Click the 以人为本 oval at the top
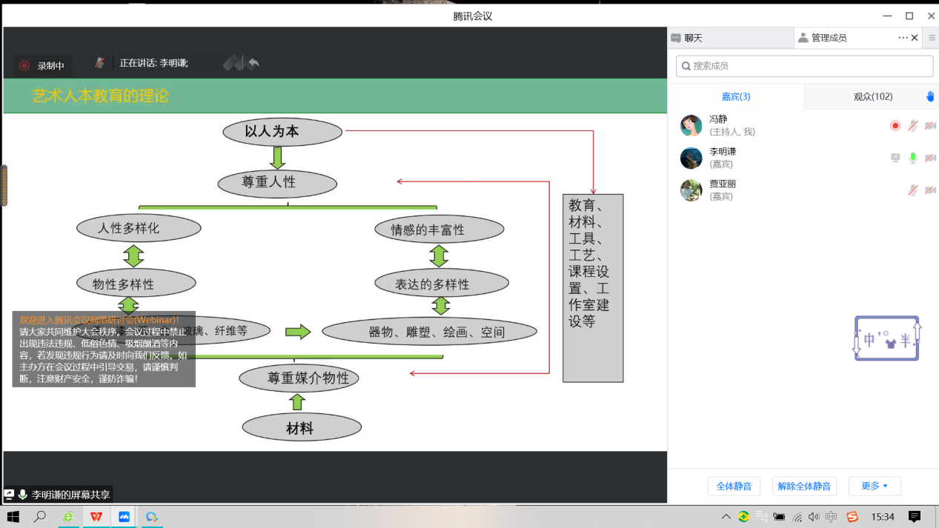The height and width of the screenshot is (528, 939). tap(282, 132)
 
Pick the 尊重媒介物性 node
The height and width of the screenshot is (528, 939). tap(299, 378)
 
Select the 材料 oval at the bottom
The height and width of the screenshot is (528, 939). tap(301, 428)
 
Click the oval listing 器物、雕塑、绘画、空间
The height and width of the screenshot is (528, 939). tap(429, 332)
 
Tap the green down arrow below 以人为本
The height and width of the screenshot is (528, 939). tap(278, 157)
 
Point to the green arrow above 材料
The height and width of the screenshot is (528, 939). tap(297, 402)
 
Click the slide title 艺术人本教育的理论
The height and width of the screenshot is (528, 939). tap(101, 96)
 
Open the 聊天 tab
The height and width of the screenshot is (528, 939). tap(693, 38)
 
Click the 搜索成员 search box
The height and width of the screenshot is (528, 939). tap(804, 66)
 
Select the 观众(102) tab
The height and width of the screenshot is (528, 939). tap(872, 96)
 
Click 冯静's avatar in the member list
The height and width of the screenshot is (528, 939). tap(691, 126)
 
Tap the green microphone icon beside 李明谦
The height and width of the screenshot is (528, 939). tap(913, 158)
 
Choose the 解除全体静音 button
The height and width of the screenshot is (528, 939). tap(804, 487)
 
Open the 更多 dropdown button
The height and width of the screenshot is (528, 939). tap(875, 487)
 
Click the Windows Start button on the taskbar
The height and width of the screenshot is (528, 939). tap(13, 517)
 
